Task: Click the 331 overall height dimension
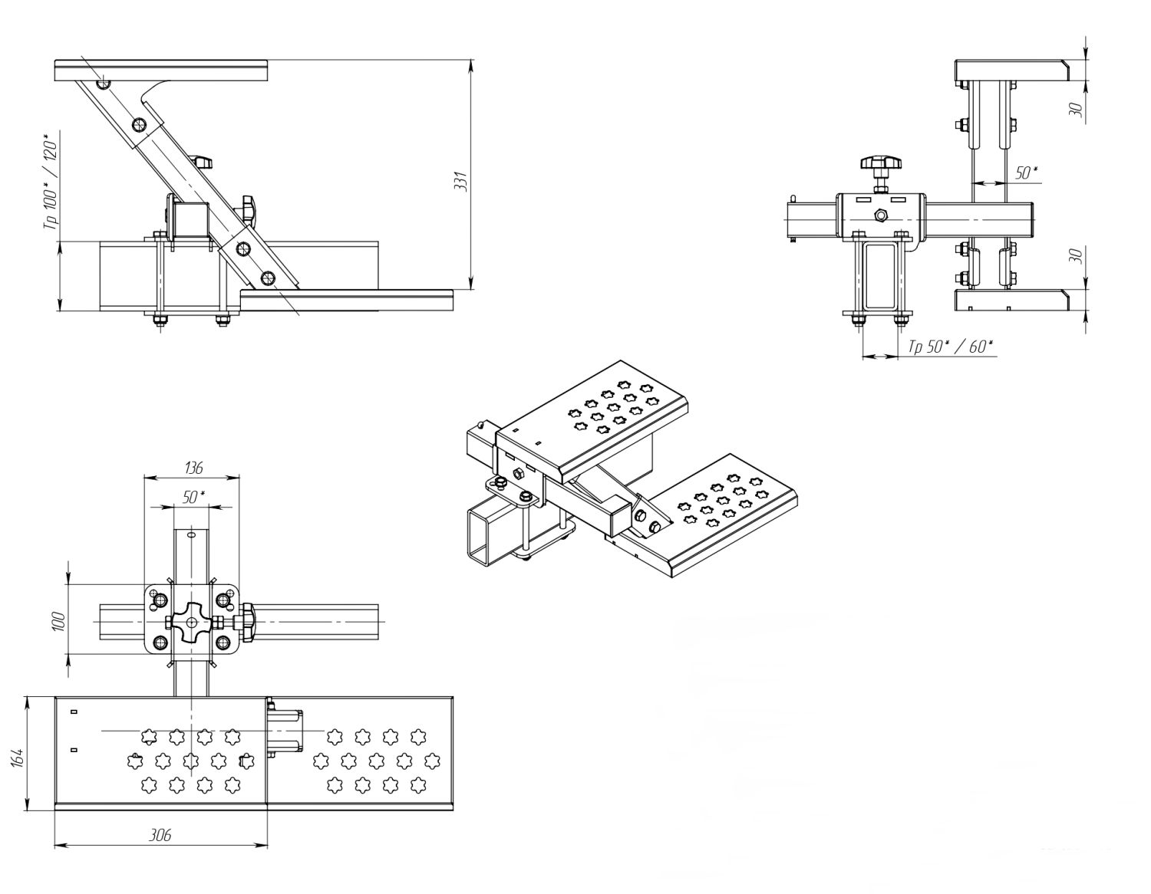pos(460,181)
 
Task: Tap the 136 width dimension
pos(193,467)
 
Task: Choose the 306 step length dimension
pos(160,835)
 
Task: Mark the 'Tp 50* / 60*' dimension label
pos(950,347)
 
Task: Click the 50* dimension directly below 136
pos(193,497)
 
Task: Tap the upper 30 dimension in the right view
pos(1077,110)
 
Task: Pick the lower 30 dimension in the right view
pos(1077,255)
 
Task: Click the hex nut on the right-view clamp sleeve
pos(881,215)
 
